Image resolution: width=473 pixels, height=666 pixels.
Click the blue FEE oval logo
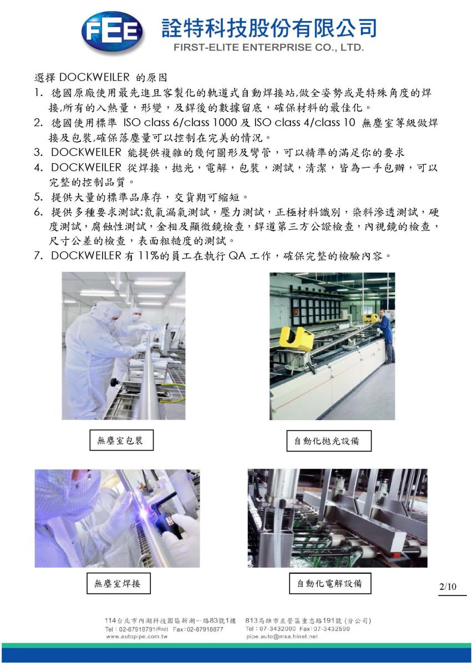[112, 32]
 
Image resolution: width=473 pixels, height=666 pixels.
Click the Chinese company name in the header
[269, 28]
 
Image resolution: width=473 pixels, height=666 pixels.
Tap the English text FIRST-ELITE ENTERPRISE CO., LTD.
[268, 48]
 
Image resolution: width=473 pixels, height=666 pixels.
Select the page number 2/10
[447, 586]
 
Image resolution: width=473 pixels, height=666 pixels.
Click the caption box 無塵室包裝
[121, 440]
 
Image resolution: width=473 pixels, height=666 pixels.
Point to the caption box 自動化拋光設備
[329, 441]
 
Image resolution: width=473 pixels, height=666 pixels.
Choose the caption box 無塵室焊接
[119, 583]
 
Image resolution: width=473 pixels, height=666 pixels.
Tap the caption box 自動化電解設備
[330, 583]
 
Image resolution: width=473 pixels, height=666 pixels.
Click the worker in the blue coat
[386, 335]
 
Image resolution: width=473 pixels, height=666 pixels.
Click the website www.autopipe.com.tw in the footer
[136, 637]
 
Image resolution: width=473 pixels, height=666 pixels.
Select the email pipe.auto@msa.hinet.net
[282, 637]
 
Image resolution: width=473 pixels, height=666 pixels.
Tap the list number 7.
[38, 255]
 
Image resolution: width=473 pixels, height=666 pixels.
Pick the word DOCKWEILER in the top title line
[94, 77]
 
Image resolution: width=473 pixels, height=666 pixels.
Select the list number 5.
[38, 196]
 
